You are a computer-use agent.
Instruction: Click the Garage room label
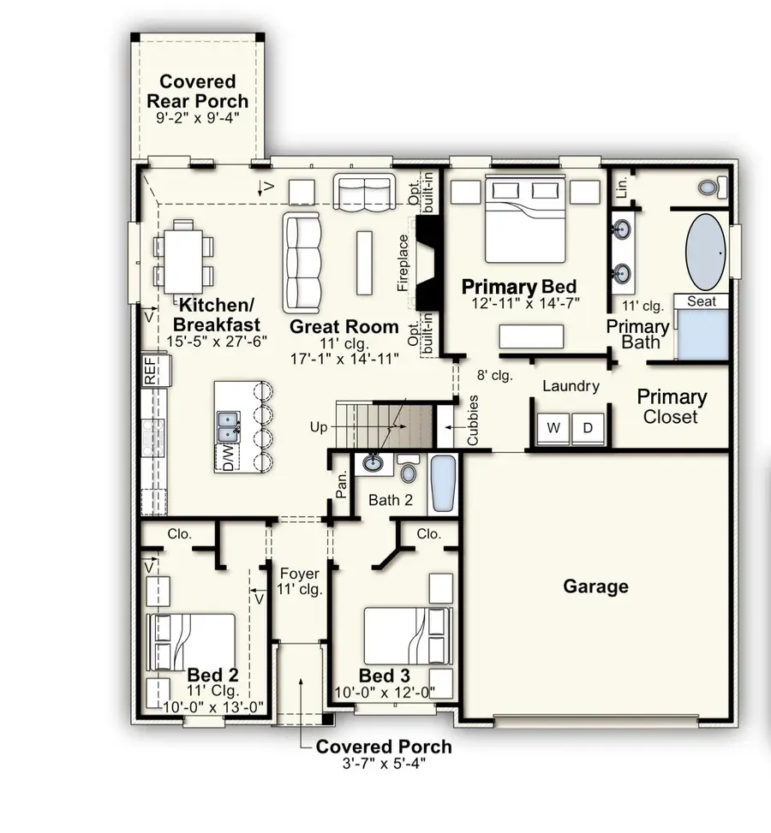tap(595, 586)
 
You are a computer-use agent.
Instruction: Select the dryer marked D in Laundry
tap(588, 427)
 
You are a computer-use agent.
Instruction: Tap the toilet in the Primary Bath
tap(711, 187)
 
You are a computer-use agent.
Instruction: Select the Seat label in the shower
tap(702, 301)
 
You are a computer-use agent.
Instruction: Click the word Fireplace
tap(403, 264)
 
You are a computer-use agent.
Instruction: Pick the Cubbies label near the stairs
tap(472, 420)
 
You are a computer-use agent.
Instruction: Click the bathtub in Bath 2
tap(444, 485)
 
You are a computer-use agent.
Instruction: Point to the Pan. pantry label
tap(341, 486)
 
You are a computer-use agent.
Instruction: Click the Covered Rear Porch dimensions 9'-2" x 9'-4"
tap(197, 119)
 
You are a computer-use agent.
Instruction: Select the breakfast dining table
tap(182, 254)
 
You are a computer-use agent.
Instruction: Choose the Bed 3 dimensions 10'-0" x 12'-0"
tap(385, 692)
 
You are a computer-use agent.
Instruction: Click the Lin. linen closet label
tap(623, 186)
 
